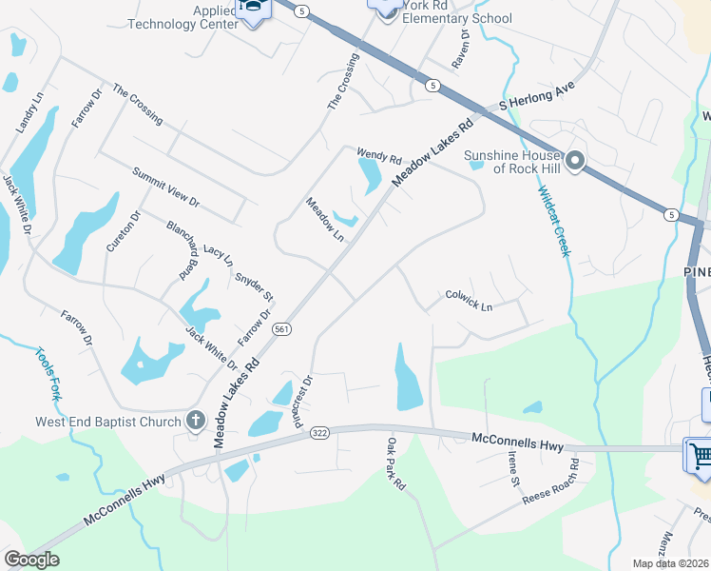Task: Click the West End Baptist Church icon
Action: click(x=196, y=420)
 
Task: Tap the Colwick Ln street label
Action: click(x=469, y=301)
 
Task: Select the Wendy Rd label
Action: click(x=380, y=157)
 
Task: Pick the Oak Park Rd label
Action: click(x=396, y=463)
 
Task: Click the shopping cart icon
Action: click(x=699, y=454)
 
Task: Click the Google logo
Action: click(x=31, y=560)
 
